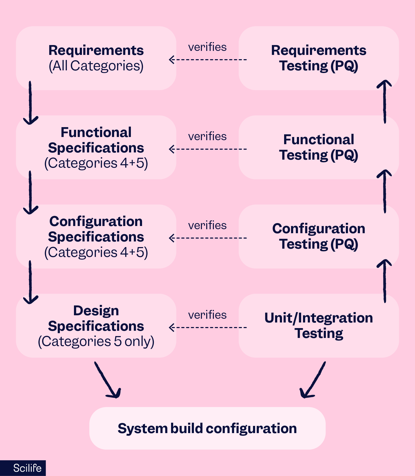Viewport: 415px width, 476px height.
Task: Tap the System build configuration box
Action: (207, 428)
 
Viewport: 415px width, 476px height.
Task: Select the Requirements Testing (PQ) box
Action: (318, 58)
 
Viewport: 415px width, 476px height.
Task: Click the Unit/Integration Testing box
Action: (318, 325)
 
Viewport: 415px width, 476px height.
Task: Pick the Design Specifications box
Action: (96, 325)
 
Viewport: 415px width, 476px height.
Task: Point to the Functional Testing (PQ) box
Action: (318, 147)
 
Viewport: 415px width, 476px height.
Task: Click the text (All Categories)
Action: (96, 66)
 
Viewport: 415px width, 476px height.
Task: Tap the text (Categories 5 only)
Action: (96, 341)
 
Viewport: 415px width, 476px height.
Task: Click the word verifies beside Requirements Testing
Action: (207, 47)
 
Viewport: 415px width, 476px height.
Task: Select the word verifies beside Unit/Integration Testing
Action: (207, 315)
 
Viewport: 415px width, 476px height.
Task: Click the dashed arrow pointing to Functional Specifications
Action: (208, 149)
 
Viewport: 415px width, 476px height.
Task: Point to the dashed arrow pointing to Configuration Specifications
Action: (208, 238)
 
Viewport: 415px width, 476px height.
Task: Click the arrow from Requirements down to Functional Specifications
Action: (30, 103)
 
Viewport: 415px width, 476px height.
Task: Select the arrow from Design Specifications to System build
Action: (107, 380)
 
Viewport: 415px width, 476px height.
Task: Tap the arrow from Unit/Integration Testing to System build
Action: (313, 380)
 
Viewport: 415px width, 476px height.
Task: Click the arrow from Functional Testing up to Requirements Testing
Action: (384, 102)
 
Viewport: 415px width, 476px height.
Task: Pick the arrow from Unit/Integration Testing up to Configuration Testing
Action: (384, 281)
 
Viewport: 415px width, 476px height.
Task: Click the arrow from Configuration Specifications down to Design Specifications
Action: (30, 282)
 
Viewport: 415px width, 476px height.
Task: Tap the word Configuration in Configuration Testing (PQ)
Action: (318, 229)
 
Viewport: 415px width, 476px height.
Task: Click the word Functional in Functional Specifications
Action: (96, 132)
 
